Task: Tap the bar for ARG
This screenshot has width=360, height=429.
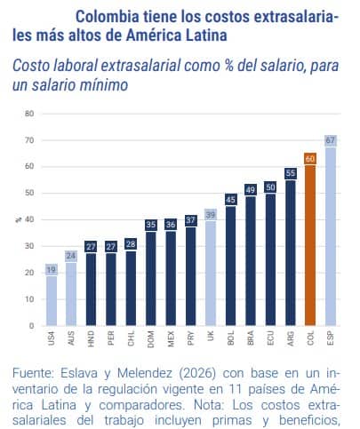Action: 291,252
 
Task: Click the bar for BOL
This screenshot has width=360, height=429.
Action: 230,266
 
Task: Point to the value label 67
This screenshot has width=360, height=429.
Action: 331,140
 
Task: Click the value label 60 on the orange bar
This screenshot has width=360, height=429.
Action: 310,158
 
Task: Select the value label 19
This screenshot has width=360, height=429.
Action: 52,268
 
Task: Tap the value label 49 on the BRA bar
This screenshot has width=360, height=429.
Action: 251,188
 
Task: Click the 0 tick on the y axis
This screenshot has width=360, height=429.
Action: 31,326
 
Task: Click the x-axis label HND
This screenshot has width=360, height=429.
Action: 92,339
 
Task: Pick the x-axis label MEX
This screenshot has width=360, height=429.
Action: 171,339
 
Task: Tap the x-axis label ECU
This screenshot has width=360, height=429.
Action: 270,339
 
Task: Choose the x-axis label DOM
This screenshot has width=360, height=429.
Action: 151,339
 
